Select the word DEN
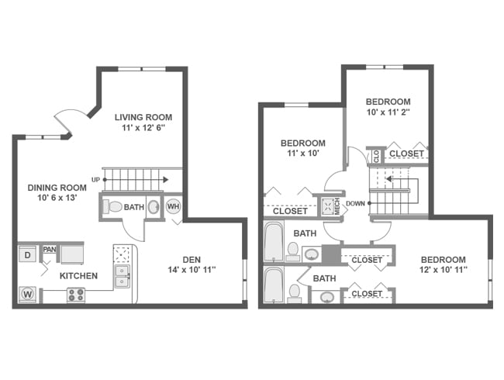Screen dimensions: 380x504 192,259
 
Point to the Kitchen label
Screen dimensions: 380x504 79,275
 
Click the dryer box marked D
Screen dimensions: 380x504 28,254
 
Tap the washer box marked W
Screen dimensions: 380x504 28,295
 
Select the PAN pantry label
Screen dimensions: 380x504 49,250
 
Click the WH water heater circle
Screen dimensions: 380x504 173,207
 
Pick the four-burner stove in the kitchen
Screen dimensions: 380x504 76,295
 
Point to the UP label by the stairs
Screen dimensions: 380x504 95,180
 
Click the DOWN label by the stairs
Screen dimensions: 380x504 355,204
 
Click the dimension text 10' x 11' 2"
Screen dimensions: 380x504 388,112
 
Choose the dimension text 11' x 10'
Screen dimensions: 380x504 302,154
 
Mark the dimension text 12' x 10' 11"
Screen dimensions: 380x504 443,271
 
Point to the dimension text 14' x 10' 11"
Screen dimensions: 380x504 192,270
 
